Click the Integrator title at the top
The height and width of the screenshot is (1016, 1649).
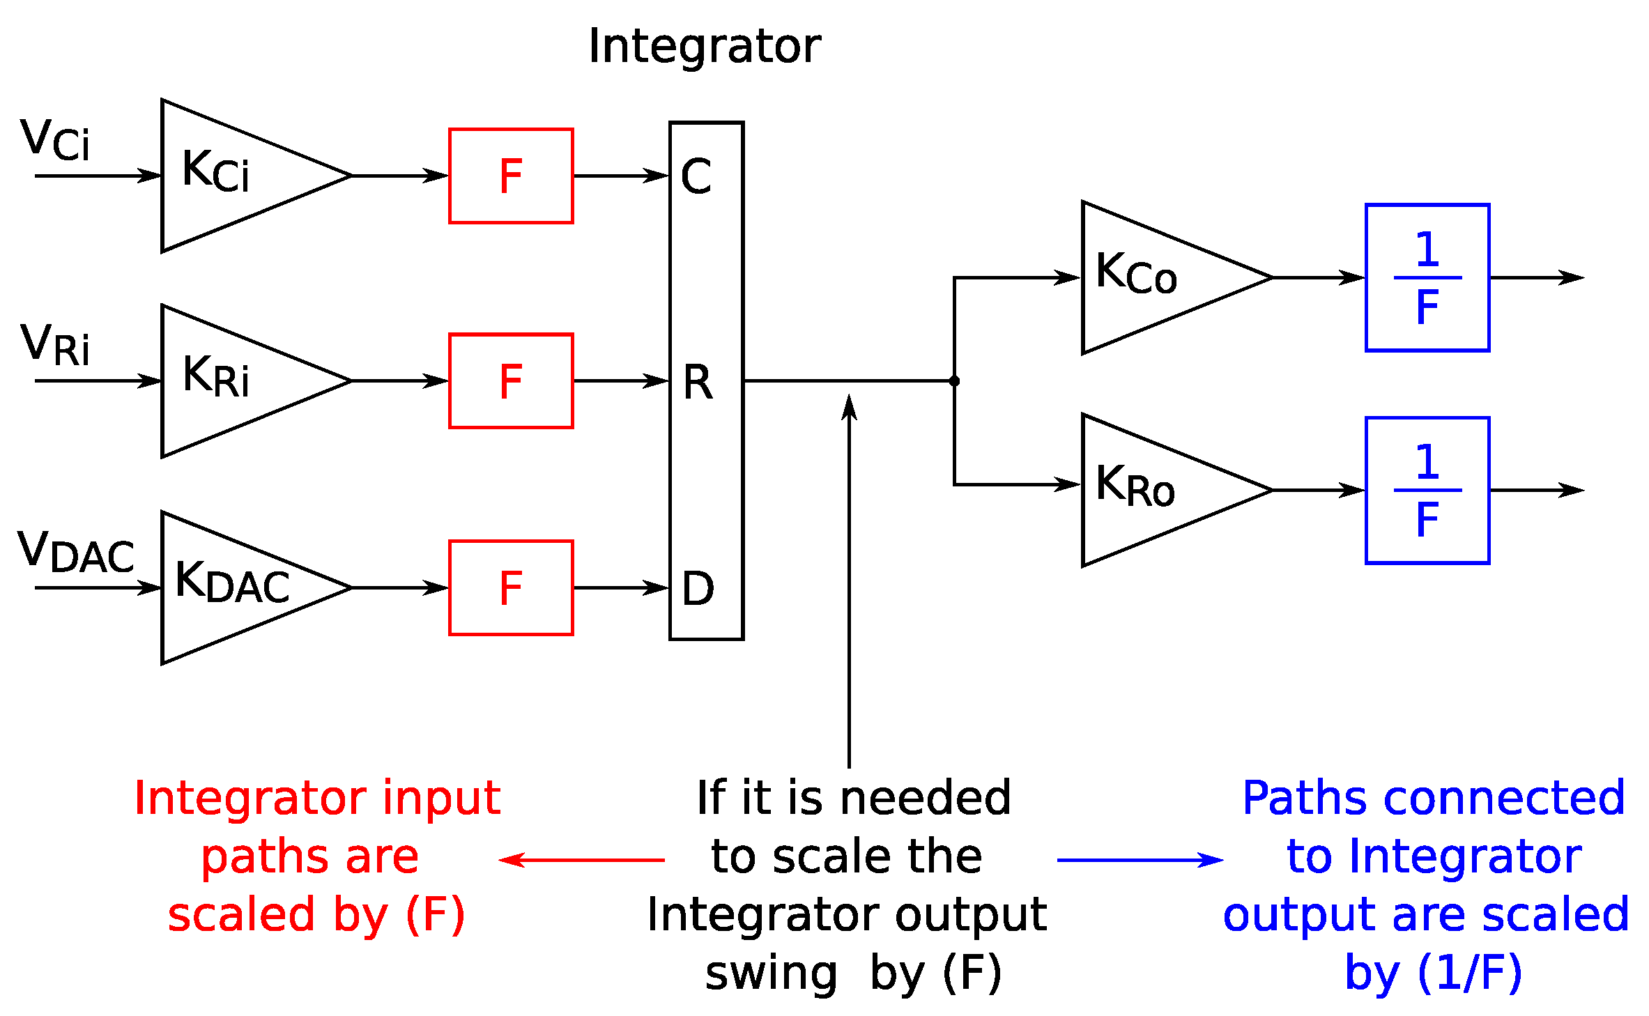[x=705, y=46]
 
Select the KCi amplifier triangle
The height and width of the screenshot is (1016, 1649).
[x=237, y=175]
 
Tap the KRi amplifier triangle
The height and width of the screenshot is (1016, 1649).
[x=237, y=380]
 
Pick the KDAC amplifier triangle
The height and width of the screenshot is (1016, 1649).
[x=237, y=587]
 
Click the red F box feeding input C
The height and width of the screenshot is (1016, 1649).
[x=511, y=176]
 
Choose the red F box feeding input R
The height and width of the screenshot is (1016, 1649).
[x=511, y=380]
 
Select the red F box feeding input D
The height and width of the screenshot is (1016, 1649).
[x=511, y=587]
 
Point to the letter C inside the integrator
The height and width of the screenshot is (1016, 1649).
[x=696, y=176]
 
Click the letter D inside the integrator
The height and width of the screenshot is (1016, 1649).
[x=698, y=588]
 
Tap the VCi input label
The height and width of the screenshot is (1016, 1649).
[x=55, y=140]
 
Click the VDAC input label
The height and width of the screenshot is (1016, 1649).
[x=75, y=551]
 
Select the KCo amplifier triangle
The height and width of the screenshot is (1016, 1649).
[x=1157, y=277]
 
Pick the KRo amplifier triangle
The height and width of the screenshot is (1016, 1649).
[x=1157, y=490]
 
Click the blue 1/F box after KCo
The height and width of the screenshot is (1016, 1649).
[x=1427, y=277]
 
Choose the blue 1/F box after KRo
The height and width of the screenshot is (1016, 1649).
[x=1427, y=490]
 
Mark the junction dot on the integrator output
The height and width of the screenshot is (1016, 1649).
[x=954, y=380]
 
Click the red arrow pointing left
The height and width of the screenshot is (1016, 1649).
[x=582, y=860]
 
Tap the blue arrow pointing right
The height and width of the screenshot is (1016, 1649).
[x=1140, y=860]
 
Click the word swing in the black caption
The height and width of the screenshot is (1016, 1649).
[x=771, y=973]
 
